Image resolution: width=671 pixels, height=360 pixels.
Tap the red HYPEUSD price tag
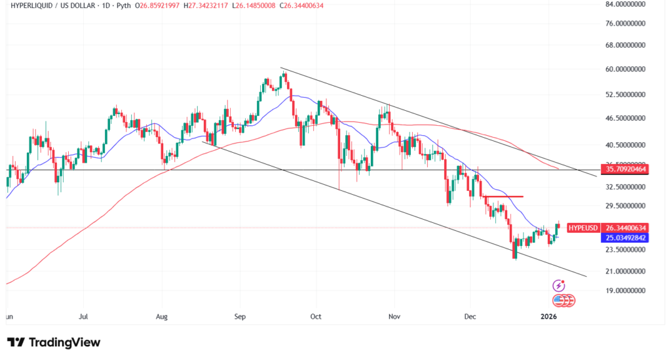coord(583,228)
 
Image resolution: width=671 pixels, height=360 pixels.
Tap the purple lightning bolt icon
coord(558,285)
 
